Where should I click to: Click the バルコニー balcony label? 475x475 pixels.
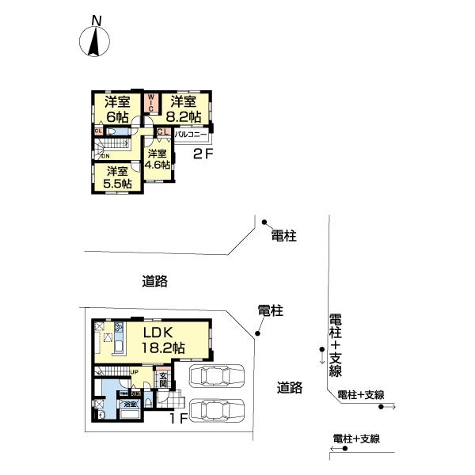[x=191, y=135]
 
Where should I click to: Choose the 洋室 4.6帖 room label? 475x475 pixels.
[x=157, y=159]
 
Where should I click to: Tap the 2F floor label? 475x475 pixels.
[x=203, y=154]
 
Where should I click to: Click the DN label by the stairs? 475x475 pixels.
[x=104, y=156]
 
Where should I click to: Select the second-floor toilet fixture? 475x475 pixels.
[x=113, y=132]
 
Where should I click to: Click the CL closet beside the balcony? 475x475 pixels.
[x=161, y=132]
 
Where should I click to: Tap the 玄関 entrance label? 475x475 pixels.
[x=163, y=379]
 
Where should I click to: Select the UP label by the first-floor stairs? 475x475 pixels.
[x=135, y=371]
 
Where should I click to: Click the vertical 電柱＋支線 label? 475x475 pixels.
[x=335, y=345]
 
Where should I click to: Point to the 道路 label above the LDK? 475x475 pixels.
[x=155, y=280]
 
